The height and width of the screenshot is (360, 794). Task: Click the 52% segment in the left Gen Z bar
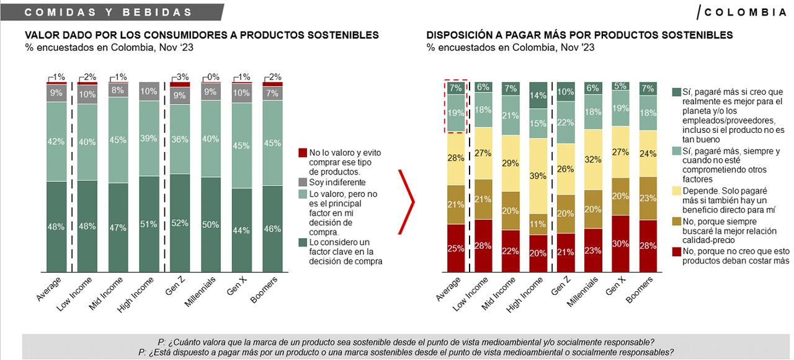pos(180,223)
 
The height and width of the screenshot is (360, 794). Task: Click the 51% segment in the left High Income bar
pos(149,224)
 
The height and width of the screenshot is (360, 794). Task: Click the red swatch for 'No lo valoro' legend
pos(303,152)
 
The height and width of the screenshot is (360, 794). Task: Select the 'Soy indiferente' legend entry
pos(339,182)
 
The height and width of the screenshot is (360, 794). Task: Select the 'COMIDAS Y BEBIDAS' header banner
pos(112,12)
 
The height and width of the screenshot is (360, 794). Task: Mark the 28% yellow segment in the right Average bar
pos(456,159)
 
